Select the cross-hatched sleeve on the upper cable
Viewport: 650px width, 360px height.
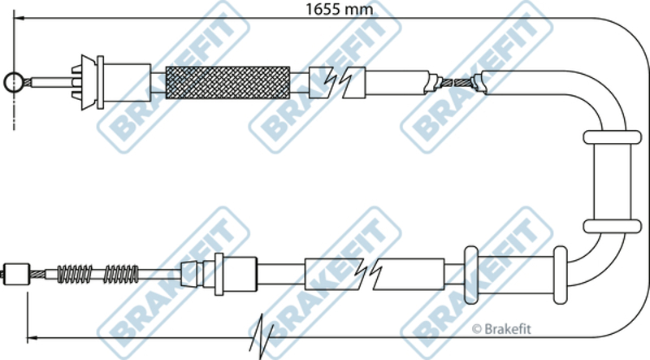pos(227,81)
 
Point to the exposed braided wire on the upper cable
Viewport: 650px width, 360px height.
pos(459,81)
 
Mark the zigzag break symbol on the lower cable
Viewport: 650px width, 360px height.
pos(374,274)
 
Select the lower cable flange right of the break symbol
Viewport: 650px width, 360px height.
pos(469,271)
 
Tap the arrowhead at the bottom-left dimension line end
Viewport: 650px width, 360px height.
pos(32,336)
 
